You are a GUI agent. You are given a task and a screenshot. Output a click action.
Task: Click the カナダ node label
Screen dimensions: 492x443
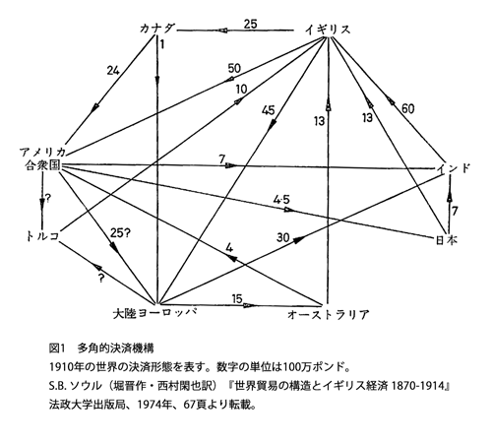(x=157, y=29)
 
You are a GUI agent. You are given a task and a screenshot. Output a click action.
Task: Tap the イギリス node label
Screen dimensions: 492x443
(x=328, y=30)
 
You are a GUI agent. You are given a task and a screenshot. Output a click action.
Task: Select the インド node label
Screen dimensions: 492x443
(x=454, y=168)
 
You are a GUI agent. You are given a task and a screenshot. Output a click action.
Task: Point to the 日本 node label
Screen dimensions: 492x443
(x=447, y=240)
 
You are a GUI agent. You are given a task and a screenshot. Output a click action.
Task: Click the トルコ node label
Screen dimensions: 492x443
(x=43, y=236)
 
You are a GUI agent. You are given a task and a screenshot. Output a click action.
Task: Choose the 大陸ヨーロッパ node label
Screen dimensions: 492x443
(x=154, y=313)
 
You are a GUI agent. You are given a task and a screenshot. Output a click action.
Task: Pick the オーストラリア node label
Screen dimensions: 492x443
(x=328, y=315)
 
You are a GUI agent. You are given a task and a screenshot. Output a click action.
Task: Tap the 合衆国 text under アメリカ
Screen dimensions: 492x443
(x=43, y=165)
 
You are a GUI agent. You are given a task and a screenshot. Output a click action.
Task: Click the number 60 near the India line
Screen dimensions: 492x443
(x=407, y=108)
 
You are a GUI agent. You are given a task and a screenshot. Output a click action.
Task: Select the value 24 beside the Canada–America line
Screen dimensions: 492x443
(x=113, y=70)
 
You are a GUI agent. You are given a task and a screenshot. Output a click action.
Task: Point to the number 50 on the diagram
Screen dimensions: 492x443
(x=234, y=69)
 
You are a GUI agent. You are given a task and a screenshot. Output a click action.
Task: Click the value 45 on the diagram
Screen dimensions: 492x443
(x=269, y=110)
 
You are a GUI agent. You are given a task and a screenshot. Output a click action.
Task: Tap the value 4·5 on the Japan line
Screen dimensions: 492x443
(x=281, y=199)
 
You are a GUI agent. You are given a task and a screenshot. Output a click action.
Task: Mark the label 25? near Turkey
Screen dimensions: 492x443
(x=120, y=233)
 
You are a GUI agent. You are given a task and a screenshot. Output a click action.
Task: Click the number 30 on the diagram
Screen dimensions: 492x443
(x=282, y=237)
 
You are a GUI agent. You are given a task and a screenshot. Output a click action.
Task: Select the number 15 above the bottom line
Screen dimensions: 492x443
(x=237, y=298)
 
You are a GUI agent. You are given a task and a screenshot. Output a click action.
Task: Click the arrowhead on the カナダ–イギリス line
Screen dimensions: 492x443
(x=222, y=31)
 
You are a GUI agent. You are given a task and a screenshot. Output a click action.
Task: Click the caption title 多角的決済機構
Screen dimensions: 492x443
(x=115, y=348)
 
